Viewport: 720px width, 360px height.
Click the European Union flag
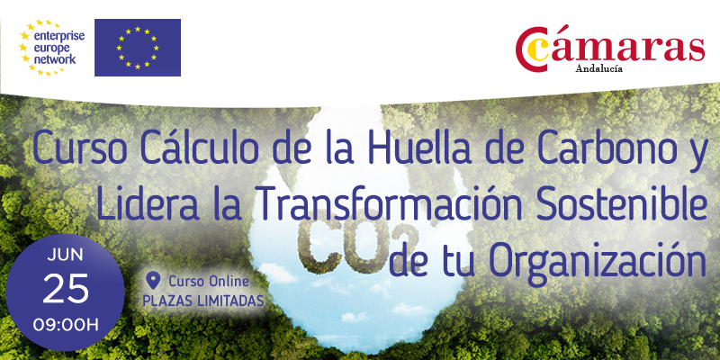click(138, 48)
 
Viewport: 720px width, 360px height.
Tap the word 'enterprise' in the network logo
click(58, 36)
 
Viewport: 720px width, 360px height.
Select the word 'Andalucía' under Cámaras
click(599, 69)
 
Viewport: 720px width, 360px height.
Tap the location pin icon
click(153, 280)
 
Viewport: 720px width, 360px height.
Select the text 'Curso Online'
click(209, 281)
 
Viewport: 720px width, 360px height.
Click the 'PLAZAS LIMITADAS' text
click(203, 301)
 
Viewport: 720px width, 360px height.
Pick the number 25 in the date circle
click(66, 289)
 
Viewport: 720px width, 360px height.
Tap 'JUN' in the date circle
click(65, 256)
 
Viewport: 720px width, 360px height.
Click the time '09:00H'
click(66, 326)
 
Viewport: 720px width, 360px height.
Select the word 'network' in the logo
click(55, 59)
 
